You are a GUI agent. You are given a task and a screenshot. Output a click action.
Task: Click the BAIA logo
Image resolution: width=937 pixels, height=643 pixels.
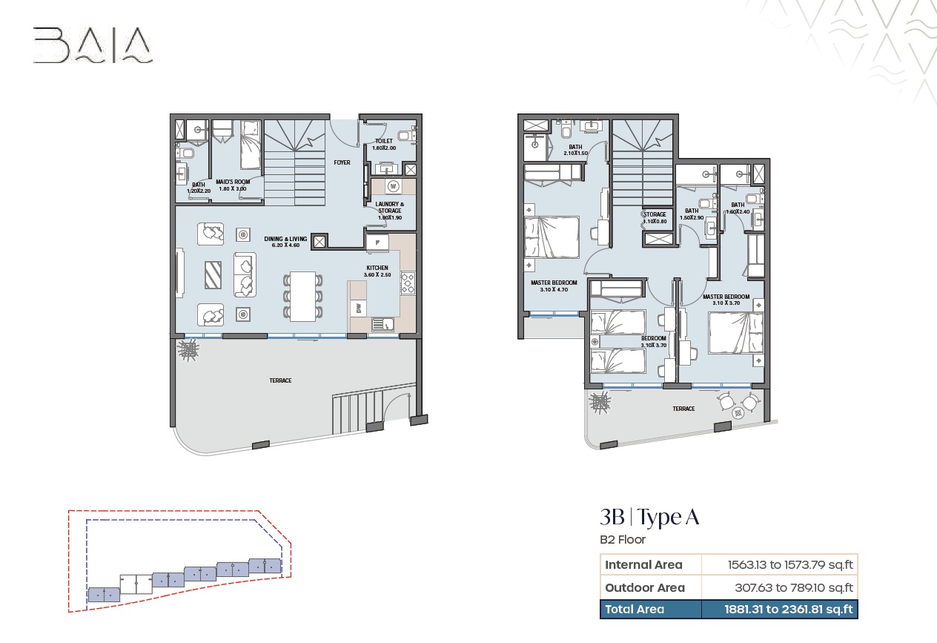coord(93,45)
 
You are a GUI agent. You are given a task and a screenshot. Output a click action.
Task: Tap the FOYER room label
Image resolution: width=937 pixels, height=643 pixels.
coord(342,162)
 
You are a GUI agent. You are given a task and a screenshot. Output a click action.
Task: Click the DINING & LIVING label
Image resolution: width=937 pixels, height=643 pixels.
coord(286,239)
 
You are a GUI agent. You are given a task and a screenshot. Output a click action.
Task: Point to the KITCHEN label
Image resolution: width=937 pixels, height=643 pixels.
coord(377,268)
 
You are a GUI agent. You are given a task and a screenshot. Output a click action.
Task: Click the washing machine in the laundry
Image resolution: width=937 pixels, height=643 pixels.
coord(392,186)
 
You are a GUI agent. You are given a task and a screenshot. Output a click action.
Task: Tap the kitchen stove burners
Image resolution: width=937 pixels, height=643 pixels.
coord(408,283)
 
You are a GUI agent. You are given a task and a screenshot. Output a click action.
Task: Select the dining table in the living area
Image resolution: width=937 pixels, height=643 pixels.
coord(302,296)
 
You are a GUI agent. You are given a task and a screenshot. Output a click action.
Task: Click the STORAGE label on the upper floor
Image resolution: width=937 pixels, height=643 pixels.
coord(655,214)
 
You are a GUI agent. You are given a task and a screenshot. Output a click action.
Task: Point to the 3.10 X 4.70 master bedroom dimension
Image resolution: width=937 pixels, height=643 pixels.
coord(554,289)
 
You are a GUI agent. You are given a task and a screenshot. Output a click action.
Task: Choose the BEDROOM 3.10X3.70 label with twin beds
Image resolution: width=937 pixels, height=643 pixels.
coord(654,338)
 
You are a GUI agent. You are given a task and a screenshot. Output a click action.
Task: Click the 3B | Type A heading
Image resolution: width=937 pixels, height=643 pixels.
coord(649,517)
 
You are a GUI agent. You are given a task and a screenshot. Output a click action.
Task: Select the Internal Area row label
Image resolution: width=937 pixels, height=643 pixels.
coord(643,564)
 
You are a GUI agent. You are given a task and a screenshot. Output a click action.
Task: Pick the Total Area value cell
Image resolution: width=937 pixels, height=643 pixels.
coord(789,610)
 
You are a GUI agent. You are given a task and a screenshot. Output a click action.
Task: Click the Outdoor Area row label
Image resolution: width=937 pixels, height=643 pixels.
coord(645,587)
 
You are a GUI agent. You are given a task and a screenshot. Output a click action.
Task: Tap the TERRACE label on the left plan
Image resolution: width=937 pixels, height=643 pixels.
coord(280,380)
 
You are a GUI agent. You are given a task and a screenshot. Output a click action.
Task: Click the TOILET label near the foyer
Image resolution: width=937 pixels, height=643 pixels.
coord(384,141)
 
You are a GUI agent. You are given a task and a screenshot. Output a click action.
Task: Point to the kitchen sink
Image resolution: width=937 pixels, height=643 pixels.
coord(383,323)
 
